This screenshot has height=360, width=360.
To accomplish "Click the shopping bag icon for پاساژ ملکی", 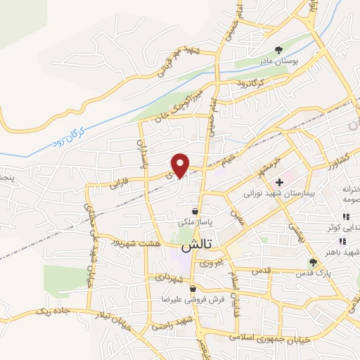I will [195, 211].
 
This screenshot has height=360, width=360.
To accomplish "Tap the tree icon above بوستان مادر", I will [279, 49].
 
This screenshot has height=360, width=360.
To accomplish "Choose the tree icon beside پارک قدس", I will [312, 262].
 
